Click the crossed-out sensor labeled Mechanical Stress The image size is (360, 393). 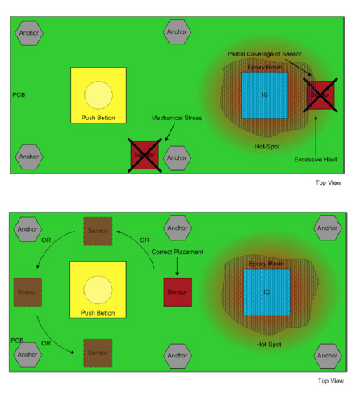coord(145,153)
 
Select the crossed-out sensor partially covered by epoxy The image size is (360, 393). coord(320,94)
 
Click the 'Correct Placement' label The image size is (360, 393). coord(176,252)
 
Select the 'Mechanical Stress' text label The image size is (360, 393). coord(178,117)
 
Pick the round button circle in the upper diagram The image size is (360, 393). coord(98,94)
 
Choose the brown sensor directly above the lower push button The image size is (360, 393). coord(98,232)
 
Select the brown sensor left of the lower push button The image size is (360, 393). coord(27,288)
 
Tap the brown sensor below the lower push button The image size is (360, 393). coord(98,353)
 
